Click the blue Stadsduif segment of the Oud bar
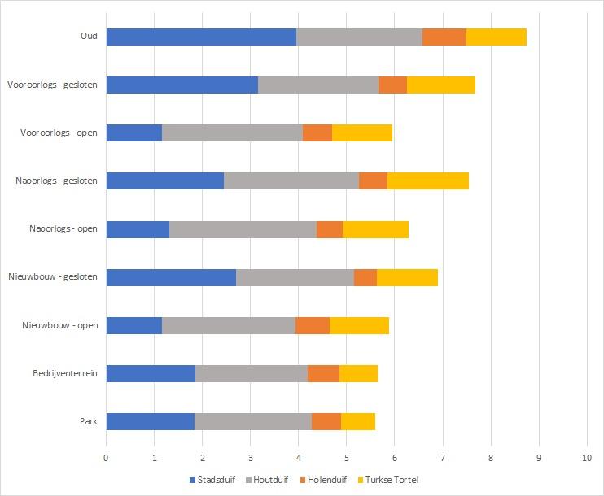tap(201, 37)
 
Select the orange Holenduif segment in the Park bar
tap(326, 421)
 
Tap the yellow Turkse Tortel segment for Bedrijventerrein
tap(358, 373)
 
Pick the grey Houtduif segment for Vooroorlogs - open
tap(232, 133)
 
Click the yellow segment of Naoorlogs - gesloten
tap(428, 181)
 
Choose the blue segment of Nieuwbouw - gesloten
tap(171, 277)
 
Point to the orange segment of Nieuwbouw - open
tap(313, 325)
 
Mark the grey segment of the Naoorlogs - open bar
tap(243, 229)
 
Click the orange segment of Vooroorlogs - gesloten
tap(392, 85)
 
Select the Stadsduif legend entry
tap(212, 480)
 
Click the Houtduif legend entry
tap(269, 480)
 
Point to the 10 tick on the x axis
tap(587, 458)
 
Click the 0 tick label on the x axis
tap(106, 458)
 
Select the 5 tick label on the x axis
tap(346, 458)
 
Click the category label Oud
tap(89, 37)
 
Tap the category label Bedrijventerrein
tap(65, 373)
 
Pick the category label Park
tap(88, 421)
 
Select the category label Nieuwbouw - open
tap(60, 325)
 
